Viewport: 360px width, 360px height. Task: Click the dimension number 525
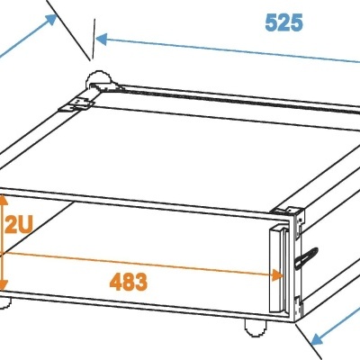coord(284,23)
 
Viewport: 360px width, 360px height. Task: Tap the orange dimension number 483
coord(129,281)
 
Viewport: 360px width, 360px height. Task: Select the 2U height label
coord(18,226)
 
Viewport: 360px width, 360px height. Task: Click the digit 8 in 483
coord(129,281)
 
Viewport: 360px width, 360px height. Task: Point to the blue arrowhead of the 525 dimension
coord(100,39)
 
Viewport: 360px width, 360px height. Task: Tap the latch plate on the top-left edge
coord(76,104)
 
